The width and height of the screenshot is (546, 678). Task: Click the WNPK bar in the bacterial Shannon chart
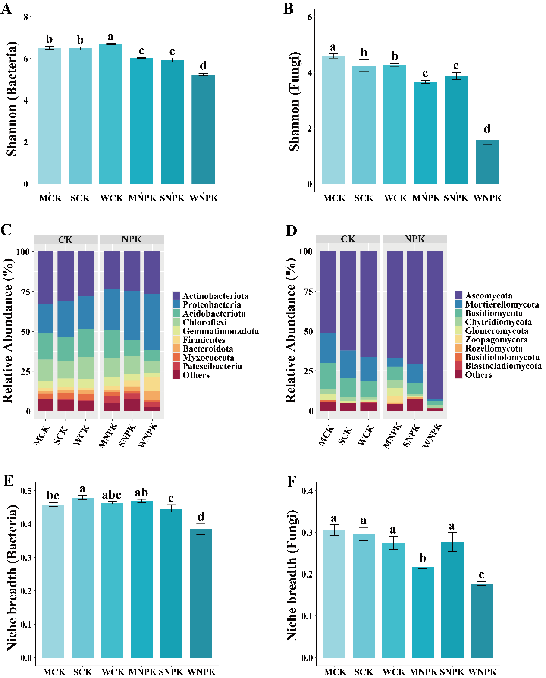[203, 129]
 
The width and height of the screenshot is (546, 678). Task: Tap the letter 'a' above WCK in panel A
[110, 37]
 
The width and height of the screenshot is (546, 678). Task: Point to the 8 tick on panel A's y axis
[26, 17]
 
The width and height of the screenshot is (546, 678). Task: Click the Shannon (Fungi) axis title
[294, 101]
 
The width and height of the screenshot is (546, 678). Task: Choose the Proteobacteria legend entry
[211, 305]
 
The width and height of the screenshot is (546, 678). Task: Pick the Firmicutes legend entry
[204, 340]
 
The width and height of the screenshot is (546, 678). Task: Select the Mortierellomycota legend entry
[502, 304]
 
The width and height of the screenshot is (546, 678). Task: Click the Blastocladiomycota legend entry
[503, 366]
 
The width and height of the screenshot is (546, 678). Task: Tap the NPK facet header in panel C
[132, 239]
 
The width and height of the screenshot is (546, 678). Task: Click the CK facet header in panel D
[348, 239]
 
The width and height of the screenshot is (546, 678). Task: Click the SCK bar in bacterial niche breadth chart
[82, 578]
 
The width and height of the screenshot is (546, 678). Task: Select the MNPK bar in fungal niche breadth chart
[423, 612]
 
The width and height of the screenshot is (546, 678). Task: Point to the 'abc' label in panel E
[111, 495]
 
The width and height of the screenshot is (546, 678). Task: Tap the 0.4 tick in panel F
[308, 491]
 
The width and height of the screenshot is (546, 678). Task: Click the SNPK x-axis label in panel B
[456, 198]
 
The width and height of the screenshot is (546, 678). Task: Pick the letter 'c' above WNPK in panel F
[481, 575]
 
